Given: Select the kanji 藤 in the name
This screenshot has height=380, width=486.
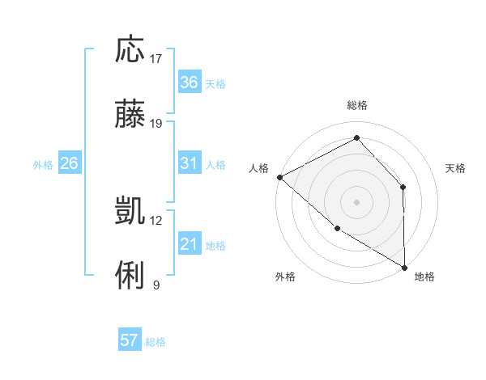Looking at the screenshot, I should (x=130, y=115).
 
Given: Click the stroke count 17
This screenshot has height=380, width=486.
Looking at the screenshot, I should (x=156, y=58).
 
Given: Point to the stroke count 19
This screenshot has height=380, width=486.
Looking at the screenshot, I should (x=156, y=124).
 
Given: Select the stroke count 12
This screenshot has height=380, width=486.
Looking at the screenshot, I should (x=156, y=220).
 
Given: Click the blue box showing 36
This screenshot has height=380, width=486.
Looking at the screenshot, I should (x=189, y=82).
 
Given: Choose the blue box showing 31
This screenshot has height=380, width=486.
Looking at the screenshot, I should (x=189, y=163).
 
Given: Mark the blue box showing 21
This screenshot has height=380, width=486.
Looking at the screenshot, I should (x=189, y=244).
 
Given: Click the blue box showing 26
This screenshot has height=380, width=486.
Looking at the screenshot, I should (x=69, y=163).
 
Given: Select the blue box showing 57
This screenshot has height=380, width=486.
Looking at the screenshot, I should (x=130, y=340).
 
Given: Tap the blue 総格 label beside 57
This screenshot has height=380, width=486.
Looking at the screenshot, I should (x=156, y=342).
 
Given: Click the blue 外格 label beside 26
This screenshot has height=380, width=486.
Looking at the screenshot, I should (x=43, y=165).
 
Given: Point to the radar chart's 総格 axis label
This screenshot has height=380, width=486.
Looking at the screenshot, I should (x=356, y=105).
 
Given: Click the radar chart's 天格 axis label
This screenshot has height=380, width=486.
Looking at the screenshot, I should (x=456, y=168).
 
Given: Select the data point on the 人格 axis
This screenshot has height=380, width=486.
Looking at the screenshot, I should (x=279, y=176).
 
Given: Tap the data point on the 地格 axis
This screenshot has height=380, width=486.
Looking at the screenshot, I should (x=404, y=267).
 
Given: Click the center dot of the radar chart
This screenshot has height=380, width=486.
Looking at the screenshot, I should (x=356, y=201).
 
